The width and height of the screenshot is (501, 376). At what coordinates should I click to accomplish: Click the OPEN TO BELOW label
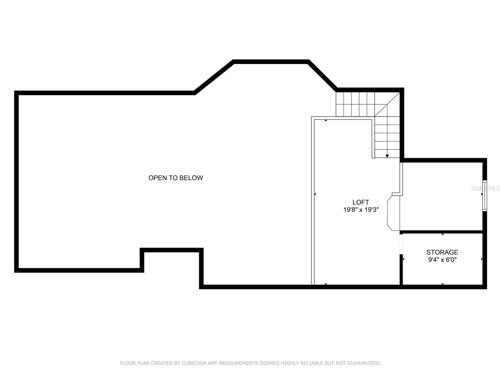point(175,178)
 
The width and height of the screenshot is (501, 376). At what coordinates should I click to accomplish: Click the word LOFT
point(361,202)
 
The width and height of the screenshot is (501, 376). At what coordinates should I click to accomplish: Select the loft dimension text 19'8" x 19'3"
point(361,210)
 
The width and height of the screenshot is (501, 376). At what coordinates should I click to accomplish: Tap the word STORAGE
point(442,252)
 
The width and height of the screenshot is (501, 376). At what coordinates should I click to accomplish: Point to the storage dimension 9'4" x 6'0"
point(442,260)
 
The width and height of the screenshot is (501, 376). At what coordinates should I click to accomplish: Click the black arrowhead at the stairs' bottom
point(387,156)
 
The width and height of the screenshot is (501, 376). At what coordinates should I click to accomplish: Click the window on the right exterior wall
point(484,196)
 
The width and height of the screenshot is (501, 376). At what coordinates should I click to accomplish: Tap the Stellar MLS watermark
point(485,188)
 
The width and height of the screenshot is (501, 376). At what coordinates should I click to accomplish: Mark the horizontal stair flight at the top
point(355,104)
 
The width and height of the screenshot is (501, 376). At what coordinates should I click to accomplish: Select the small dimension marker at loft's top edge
point(326,120)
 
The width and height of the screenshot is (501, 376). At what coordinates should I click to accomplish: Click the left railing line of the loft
point(312,201)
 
